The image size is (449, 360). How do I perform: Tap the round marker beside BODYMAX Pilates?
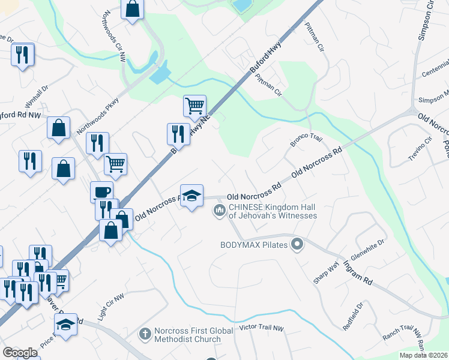pyautogui.click(x=297, y=244)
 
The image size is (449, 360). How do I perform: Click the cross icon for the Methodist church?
pyautogui.click(x=144, y=332)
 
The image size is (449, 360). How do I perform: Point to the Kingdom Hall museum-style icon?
pyautogui.click(x=219, y=210)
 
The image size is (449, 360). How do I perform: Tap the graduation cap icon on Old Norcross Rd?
pyautogui.click(x=191, y=196)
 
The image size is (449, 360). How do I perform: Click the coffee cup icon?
pyautogui.click(x=101, y=192)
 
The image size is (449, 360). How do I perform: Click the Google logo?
pyautogui.click(x=20, y=353)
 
